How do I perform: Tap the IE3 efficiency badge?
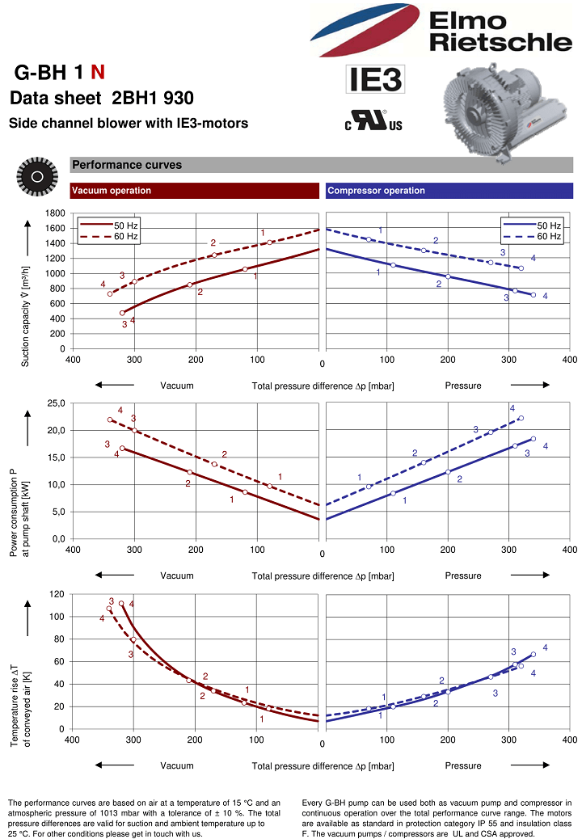pyautogui.click(x=375, y=79)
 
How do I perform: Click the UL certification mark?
pyautogui.click(x=374, y=120)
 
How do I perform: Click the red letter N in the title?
pyautogui.click(x=97, y=72)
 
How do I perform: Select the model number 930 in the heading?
pyautogui.click(x=179, y=98)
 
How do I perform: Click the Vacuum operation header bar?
pyautogui.click(x=195, y=191)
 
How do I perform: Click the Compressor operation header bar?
pyautogui.click(x=449, y=191)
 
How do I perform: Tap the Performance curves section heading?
pyautogui.click(x=128, y=165)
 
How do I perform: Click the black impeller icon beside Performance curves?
pyautogui.click(x=37, y=176)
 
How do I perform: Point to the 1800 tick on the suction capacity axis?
pyautogui.click(x=55, y=213)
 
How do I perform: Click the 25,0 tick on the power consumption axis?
pyautogui.click(x=56, y=403)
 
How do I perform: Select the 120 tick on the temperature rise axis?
pyautogui.click(x=57, y=594)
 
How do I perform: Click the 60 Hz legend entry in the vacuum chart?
pyautogui.click(x=109, y=237)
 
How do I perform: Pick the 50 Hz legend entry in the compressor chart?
pyautogui.click(x=532, y=226)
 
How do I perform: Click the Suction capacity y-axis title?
pyautogui.click(x=25, y=316)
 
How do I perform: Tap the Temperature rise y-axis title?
pyautogui.click(x=20, y=706)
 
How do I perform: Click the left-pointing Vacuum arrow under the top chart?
pyautogui.click(x=115, y=385)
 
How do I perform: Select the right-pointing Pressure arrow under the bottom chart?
pyautogui.click(x=530, y=765)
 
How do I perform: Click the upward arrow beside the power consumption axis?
pyautogui.click(x=27, y=428)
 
